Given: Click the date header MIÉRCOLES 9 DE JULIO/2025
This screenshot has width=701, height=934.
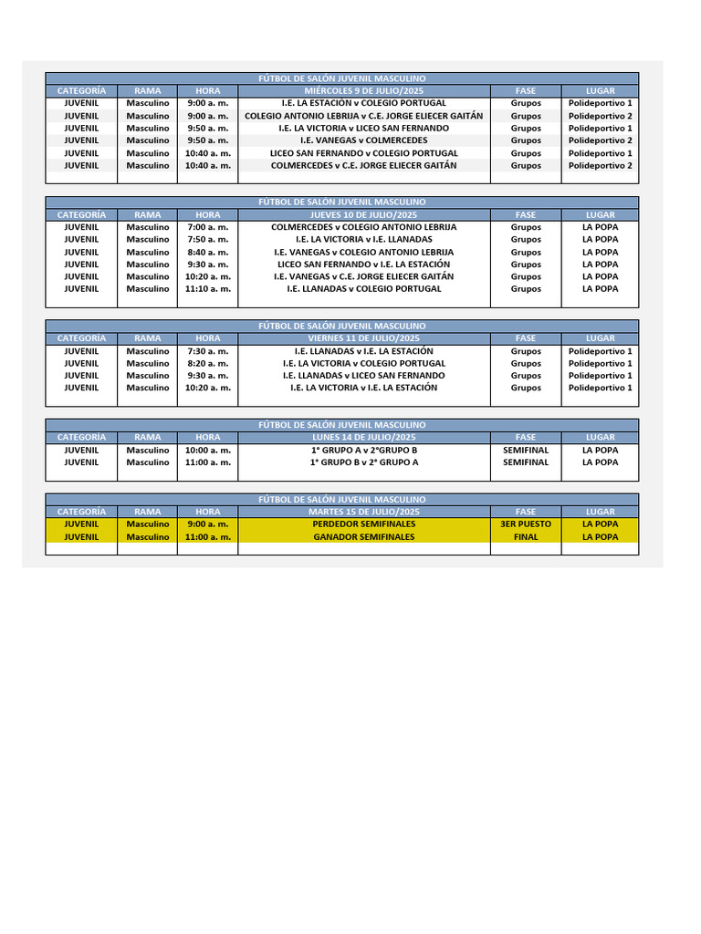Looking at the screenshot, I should pos(364,91).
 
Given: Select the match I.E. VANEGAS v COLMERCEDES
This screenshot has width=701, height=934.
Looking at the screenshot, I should pos(364,140).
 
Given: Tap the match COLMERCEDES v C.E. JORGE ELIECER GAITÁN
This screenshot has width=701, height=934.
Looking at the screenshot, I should pos(364,166).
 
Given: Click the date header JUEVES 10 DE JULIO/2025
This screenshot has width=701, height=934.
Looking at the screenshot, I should pos(364,215).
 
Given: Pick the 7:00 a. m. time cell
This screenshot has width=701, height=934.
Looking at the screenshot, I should pos(207,227).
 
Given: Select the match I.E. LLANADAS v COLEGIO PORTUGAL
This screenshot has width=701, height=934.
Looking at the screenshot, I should pos(364,289).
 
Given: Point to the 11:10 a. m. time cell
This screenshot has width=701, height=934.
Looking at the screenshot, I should pos(207,289).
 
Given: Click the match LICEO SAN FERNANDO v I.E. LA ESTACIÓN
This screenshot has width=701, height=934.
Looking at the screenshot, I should pos(364,265).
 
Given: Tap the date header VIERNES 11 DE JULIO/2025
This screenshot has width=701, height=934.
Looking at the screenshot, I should pos(364,338).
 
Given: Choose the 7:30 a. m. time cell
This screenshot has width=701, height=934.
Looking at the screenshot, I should pos(207,351).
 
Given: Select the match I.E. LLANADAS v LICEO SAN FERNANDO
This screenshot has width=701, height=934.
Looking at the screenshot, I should pos(364,376).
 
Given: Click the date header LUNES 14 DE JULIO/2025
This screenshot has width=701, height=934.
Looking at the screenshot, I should pos(364,438).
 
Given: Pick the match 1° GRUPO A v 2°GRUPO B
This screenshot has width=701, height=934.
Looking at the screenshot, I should pos(364,451).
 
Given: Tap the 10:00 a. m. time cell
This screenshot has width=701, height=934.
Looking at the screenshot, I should pos(207,451).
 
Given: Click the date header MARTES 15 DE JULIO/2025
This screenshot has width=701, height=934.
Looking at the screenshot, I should pos(364,512).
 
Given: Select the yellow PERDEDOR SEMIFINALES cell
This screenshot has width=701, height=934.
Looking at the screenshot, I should pos(364,524).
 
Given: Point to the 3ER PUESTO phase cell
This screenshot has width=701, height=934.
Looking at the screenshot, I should pos(526,524).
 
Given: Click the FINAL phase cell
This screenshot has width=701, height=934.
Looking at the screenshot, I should pos(526,537).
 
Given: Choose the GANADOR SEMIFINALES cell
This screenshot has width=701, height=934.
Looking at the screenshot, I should pos(364,537).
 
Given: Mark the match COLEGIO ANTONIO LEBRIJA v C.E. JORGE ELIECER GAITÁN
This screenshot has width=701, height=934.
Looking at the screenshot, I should pos(364,116).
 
